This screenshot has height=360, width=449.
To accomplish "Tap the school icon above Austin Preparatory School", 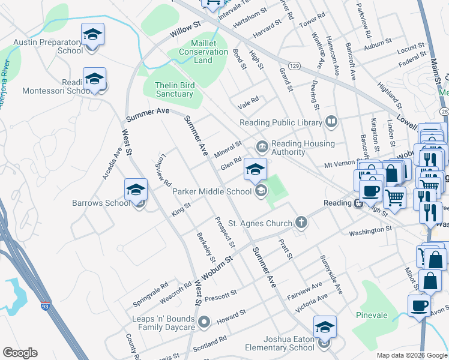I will (x=92, y=34).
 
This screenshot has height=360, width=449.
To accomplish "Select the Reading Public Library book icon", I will (x=331, y=122).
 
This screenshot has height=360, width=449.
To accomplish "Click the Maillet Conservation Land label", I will (x=203, y=52).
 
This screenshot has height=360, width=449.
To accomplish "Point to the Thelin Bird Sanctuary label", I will (x=174, y=89).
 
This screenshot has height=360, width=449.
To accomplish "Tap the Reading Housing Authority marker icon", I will (x=262, y=146).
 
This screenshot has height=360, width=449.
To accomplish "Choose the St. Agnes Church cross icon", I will (x=301, y=223).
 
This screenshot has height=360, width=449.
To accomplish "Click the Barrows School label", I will (x=101, y=203).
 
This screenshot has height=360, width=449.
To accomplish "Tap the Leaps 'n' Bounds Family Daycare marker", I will (x=205, y=322).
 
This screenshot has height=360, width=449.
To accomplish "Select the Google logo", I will (x=20, y=353).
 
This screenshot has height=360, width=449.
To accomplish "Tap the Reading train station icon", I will (x=358, y=203).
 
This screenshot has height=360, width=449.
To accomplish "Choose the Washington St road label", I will (x=370, y=229).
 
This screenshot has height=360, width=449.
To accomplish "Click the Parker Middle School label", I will (x=212, y=191).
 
